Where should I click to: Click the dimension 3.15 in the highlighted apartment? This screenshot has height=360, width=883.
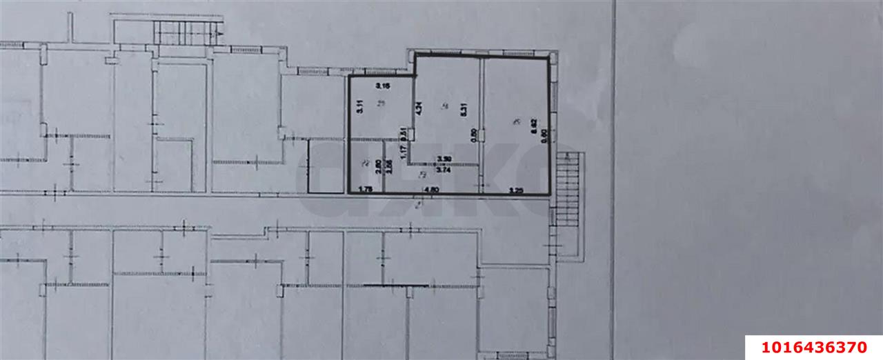383,86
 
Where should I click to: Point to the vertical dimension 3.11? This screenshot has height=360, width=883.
359,107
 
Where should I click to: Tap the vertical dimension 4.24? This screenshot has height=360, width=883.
419,108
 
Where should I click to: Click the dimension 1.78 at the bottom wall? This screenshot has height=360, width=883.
367,189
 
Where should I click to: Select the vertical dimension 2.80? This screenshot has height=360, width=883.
378,166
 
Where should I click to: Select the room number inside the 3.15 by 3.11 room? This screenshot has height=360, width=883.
384,103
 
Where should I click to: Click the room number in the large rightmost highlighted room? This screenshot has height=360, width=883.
517,122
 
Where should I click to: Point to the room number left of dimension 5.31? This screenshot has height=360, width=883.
445,106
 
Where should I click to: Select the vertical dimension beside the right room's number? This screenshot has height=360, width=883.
533,126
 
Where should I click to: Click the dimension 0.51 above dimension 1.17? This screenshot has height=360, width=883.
403,130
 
